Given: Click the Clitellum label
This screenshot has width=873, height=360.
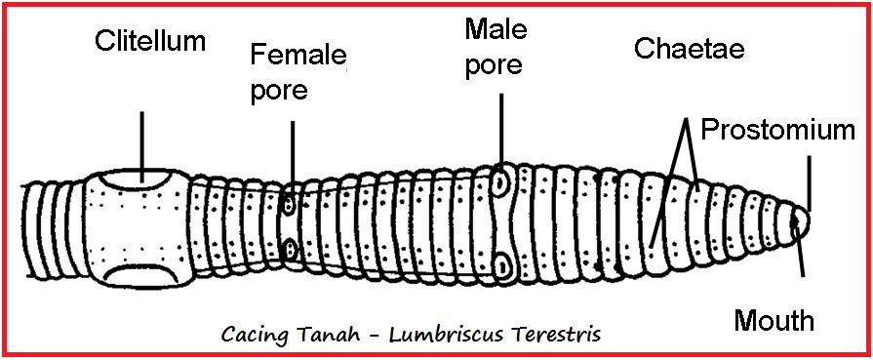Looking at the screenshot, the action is pyautogui.click(x=150, y=41).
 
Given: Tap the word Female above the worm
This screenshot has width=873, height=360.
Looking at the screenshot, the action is pyautogui.click(x=298, y=53).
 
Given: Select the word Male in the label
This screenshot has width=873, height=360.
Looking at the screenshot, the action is pyautogui.click(x=496, y=28).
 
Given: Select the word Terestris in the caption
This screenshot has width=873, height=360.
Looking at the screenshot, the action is pyautogui.click(x=552, y=334).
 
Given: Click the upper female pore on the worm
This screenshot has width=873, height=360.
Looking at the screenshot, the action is pyautogui.click(x=290, y=206).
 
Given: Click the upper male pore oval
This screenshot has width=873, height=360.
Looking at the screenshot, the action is pyautogui.click(x=501, y=180).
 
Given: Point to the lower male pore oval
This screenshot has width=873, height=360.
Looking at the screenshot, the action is pyautogui.click(x=501, y=263).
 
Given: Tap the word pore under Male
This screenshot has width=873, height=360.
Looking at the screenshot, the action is pyautogui.click(x=496, y=65).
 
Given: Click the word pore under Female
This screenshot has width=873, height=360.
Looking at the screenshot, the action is pyautogui.click(x=279, y=91).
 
